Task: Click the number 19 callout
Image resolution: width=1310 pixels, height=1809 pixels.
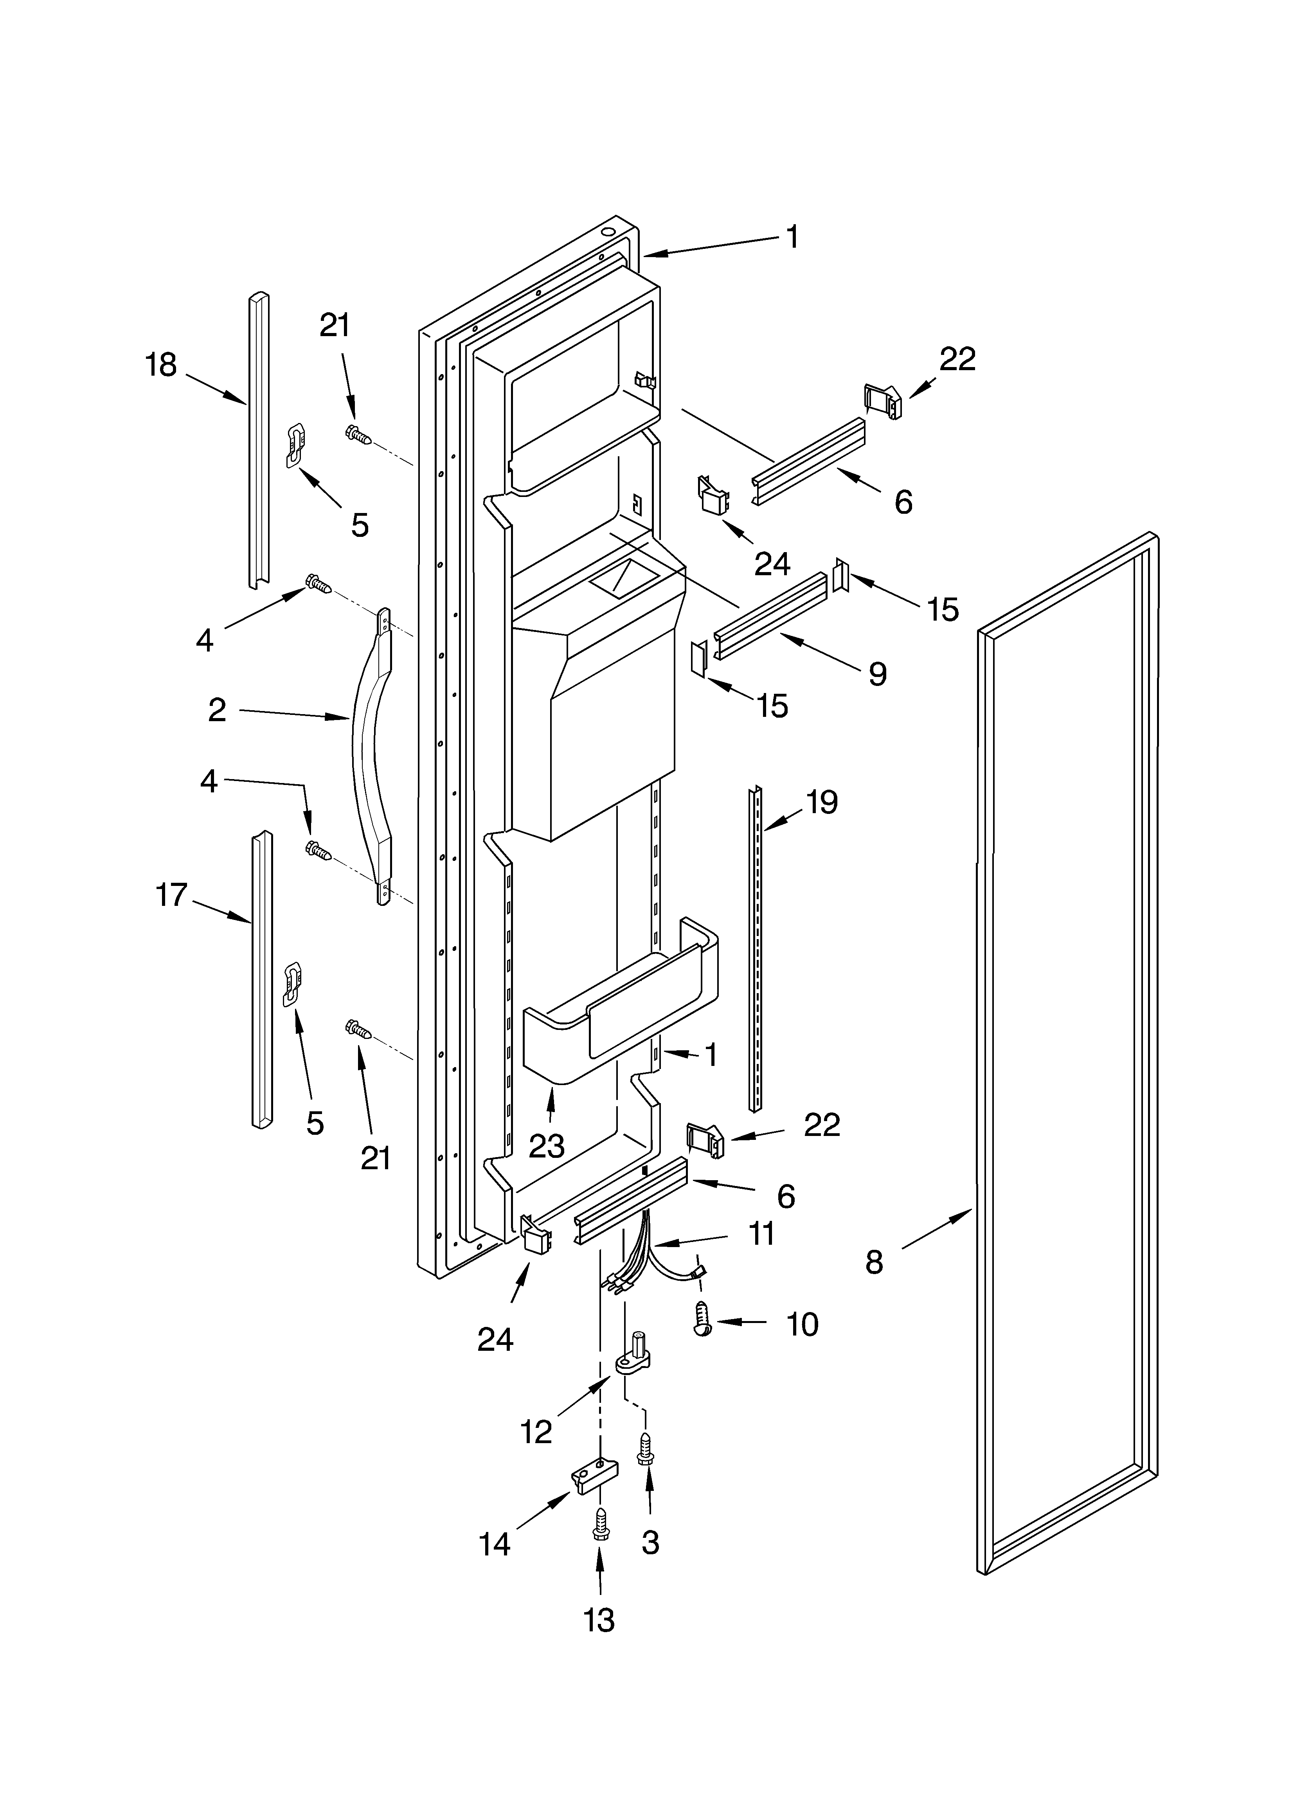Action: [x=822, y=802]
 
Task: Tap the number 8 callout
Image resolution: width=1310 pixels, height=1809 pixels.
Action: [x=875, y=1262]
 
